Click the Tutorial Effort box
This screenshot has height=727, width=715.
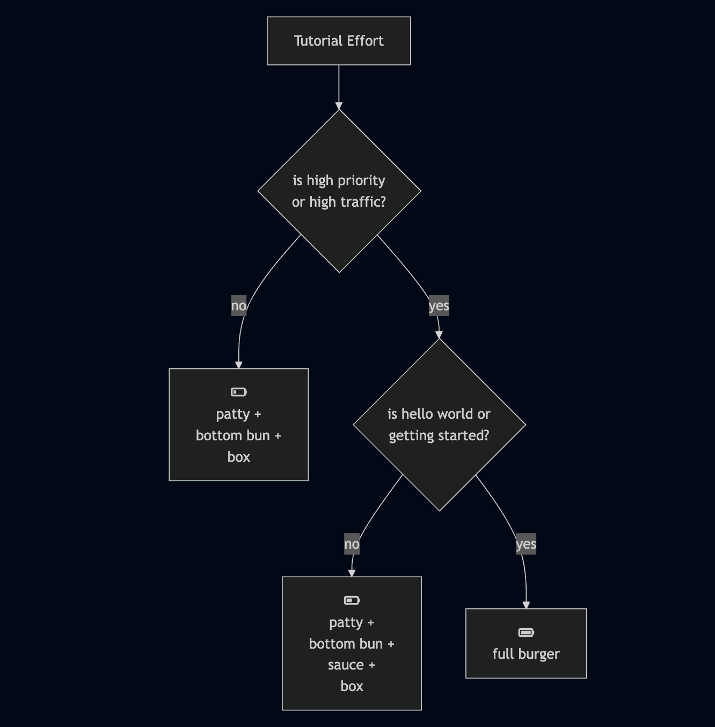[x=339, y=41]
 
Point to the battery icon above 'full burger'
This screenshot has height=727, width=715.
[x=526, y=633]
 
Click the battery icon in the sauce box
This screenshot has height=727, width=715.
[x=352, y=600]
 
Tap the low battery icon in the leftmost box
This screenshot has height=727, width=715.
[x=239, y=392]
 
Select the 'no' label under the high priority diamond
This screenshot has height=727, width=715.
[x=239, y=306]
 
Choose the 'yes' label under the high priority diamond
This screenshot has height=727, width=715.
[x=439, y=306]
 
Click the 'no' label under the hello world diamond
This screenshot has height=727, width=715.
[x=352, y=544]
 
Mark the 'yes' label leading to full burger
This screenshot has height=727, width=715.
[x=526, y=544]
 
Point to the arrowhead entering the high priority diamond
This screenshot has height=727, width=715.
[x=339, y=106]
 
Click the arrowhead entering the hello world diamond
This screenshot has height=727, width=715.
[x=439, y=335]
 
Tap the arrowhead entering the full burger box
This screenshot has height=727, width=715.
[x=526, y=605]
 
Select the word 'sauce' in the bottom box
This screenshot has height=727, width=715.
[x=346, y=665]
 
